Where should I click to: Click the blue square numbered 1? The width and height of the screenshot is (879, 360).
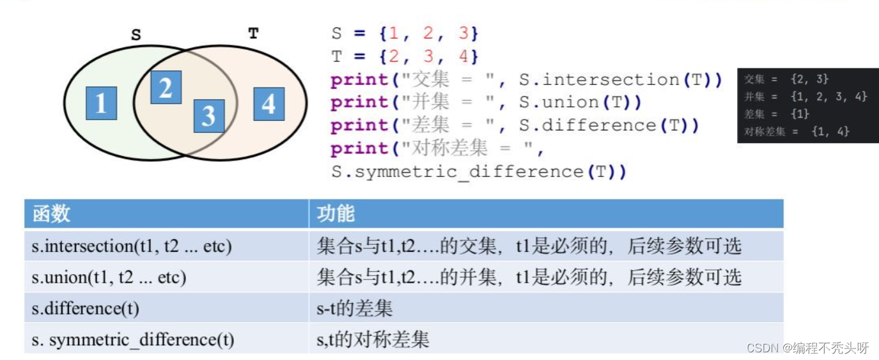click(x=101, y=103)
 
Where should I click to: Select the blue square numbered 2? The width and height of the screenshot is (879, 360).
click(x=166, y=88)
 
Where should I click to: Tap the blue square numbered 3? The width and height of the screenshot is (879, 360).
click(x=208, y=116)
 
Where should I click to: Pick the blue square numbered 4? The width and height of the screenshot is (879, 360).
click(x=268, y=104)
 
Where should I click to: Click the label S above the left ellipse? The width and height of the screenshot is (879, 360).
click(x=136, y=35)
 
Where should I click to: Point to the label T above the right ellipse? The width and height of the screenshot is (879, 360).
click(x=253, y=33)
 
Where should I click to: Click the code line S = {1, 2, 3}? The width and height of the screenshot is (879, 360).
click(x=404, y=33)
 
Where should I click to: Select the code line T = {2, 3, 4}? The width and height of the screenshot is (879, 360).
click(x=404, y=56)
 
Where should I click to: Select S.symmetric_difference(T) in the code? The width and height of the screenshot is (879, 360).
click(x=478, y=171)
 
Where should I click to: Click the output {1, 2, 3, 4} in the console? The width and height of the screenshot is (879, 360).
click(x=828, y=97)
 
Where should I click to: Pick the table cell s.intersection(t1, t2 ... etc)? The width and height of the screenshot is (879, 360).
click(x=131, y=246)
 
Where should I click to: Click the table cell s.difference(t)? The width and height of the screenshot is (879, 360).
click(x=86, y=309)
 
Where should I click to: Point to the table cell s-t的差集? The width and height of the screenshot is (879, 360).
click(x=354, y=309)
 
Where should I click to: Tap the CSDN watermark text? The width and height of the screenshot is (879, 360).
click(x=807, y=348)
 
